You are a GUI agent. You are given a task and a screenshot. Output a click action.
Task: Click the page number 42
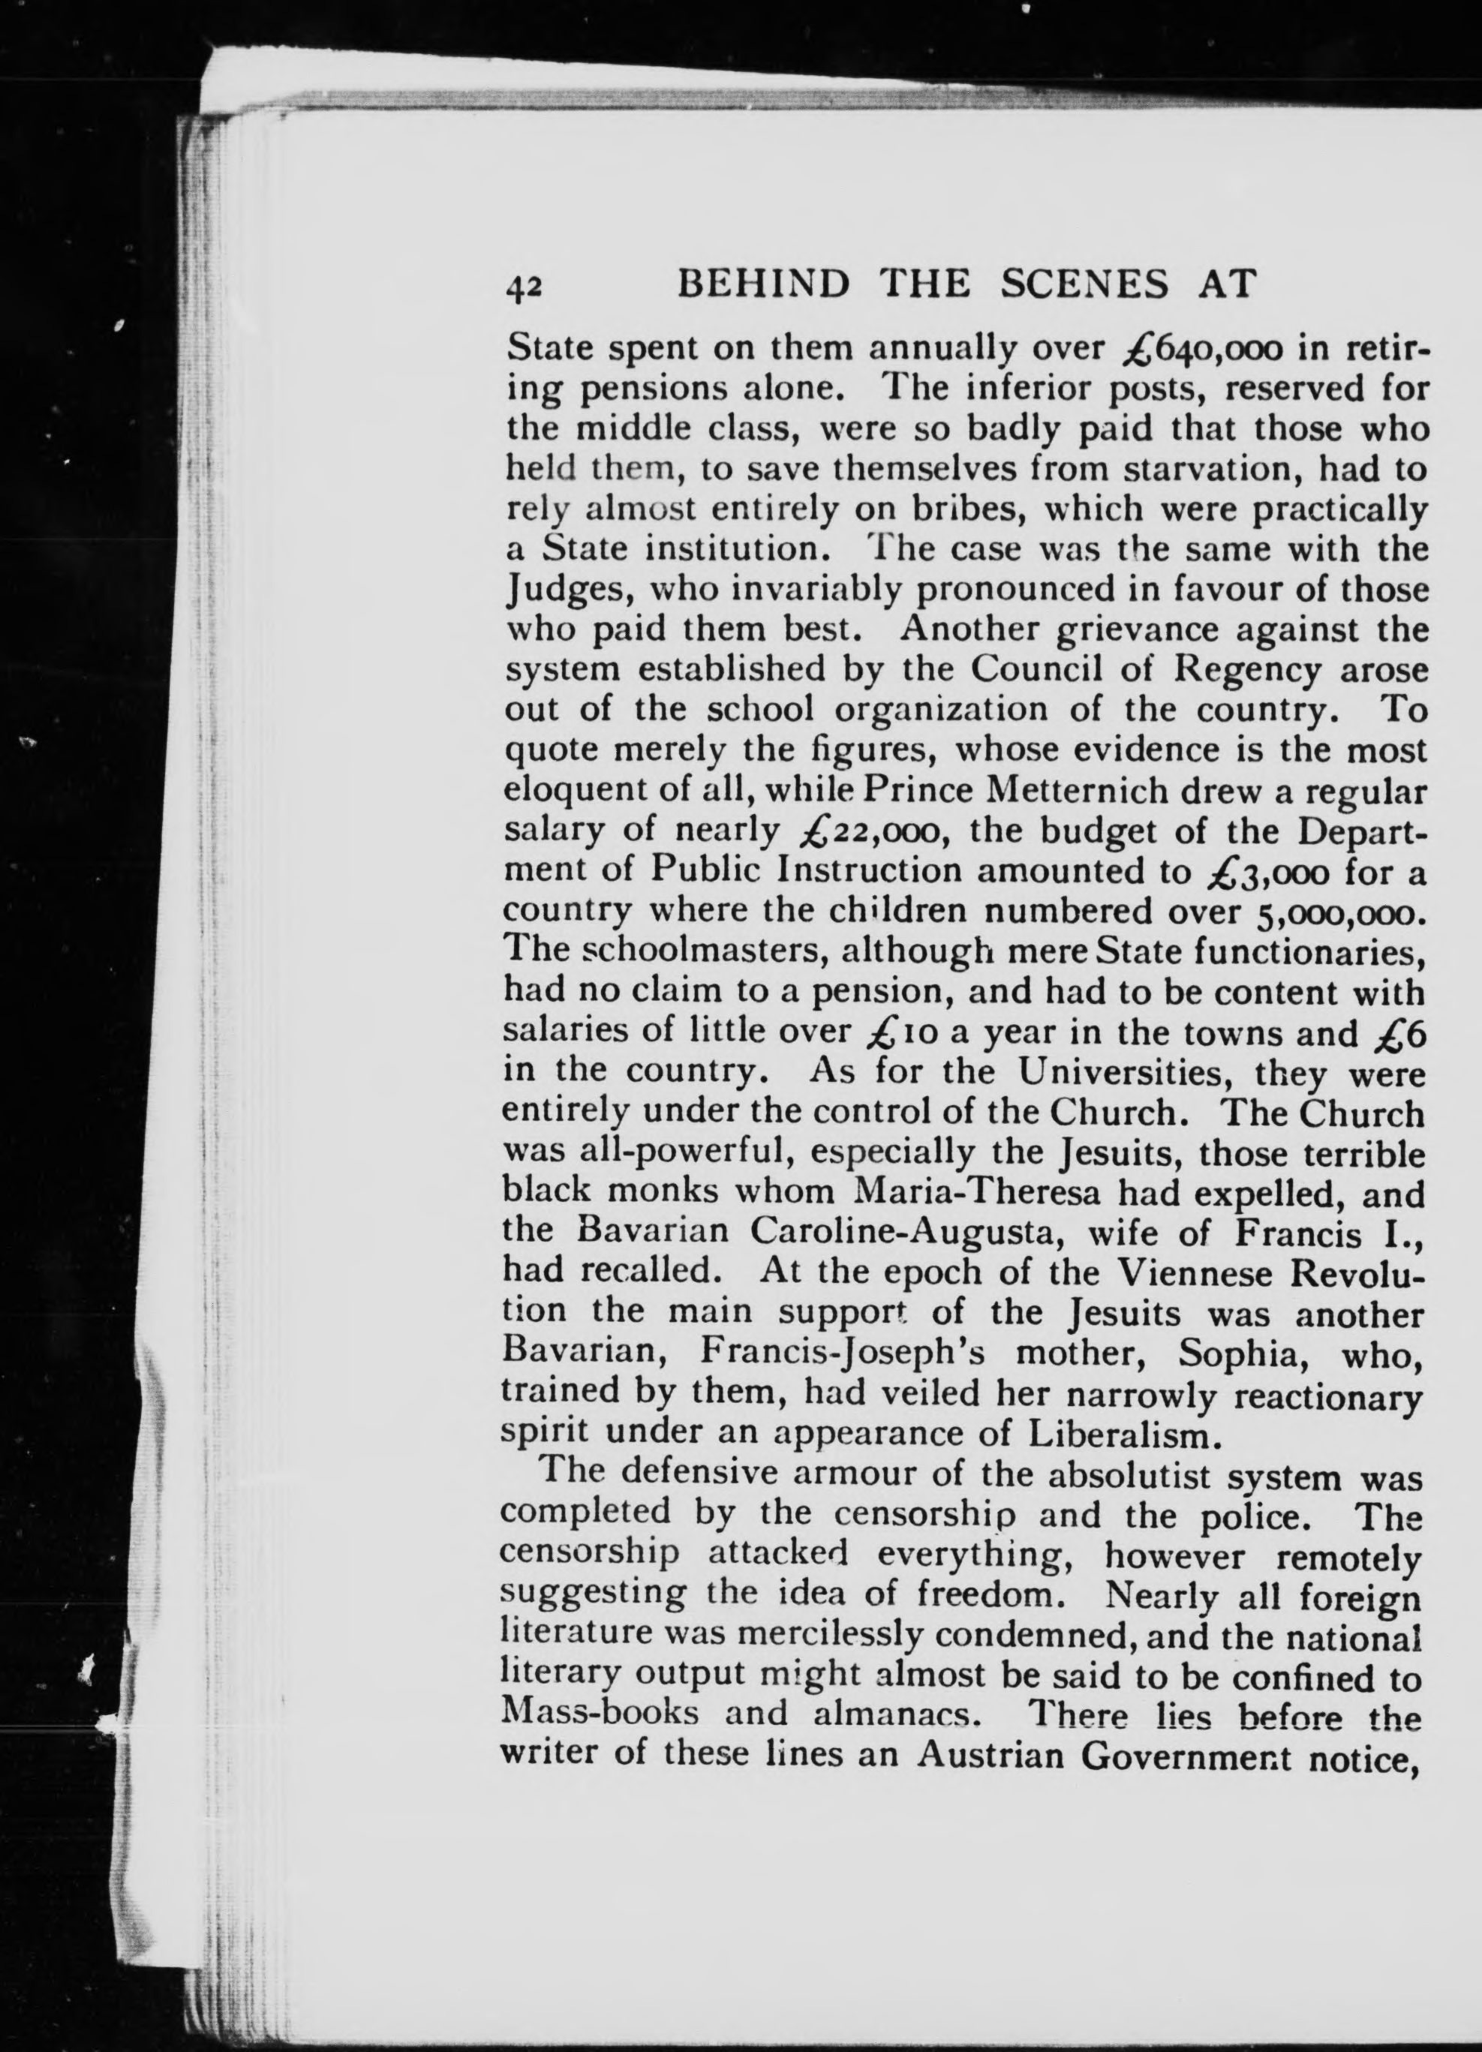[x=524, y=286]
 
